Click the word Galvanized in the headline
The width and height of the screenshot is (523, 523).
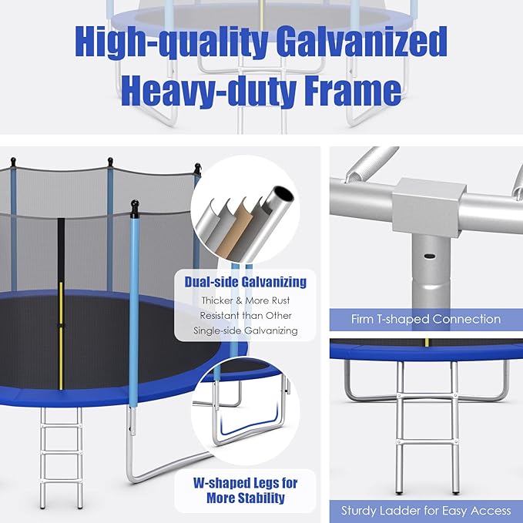pos(361,42)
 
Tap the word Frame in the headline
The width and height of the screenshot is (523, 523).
pos(353,90)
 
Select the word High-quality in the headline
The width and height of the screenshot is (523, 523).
pos(172,42)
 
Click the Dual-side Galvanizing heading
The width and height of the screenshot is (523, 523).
pos(246,282)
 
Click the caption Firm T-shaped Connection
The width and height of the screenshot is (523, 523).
pos(426,319)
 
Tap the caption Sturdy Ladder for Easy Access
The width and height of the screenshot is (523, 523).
pos(426,511)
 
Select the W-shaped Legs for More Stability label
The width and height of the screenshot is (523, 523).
pos(246,491)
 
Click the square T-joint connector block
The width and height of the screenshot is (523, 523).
pos(428,206)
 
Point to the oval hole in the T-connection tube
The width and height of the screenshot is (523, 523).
pos(430,256)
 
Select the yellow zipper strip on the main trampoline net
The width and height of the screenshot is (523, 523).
pos(61,336)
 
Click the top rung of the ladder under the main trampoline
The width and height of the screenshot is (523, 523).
pos(61,426)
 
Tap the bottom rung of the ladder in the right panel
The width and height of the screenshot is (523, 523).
pos(427,441)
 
